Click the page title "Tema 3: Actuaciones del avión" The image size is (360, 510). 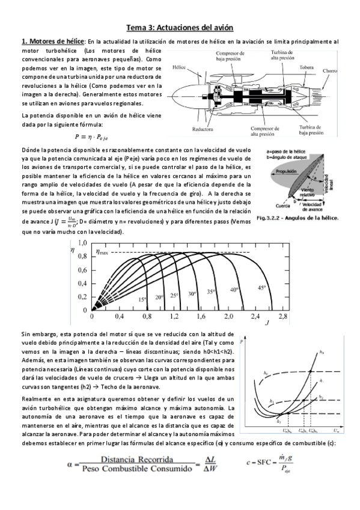tap(179, 27)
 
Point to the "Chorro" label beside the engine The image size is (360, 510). tap(330, 71)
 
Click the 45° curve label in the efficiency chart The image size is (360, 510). tap(263, 287)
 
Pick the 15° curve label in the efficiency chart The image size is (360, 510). tap(143, 299)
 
